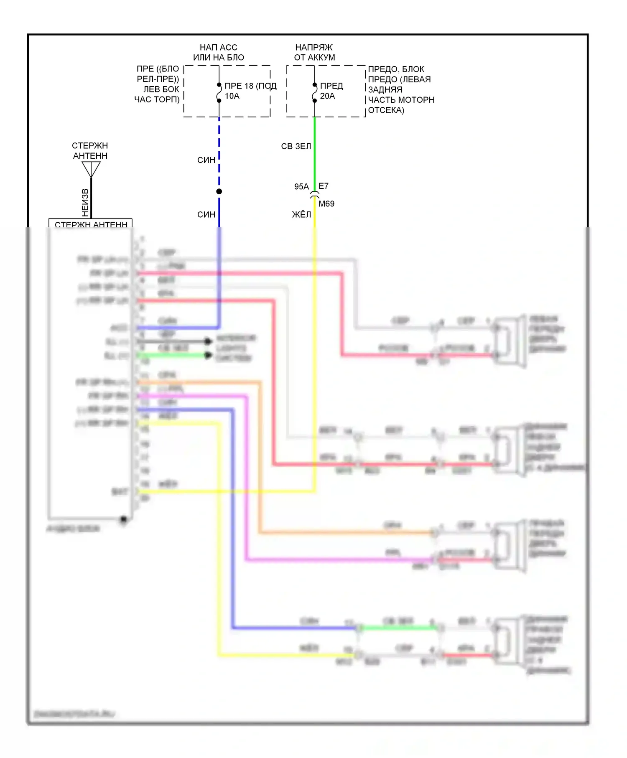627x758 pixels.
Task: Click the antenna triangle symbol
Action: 91,169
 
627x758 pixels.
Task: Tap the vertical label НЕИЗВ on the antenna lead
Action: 85,203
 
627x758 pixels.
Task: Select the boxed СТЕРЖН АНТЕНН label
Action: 91,224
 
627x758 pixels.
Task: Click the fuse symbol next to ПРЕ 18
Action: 219,92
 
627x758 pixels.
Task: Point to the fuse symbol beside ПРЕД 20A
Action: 314,92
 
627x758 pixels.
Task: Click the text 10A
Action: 232,96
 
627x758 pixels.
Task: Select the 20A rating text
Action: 327,96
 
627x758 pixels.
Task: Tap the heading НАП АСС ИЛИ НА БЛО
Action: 218,52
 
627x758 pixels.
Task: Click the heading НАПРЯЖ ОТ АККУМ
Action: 314,52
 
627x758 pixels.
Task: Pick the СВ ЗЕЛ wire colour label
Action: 296,146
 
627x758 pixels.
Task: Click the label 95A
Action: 301,187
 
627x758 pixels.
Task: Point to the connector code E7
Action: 324,186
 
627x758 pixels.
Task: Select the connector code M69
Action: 326,204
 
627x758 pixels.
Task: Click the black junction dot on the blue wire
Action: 219,191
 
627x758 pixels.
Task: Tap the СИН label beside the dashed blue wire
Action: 206,160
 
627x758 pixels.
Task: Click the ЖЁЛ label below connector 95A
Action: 301,215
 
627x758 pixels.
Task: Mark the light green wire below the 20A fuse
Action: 315,150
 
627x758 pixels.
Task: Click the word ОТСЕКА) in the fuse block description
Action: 386,110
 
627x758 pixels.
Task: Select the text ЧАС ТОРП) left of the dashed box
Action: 157,99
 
